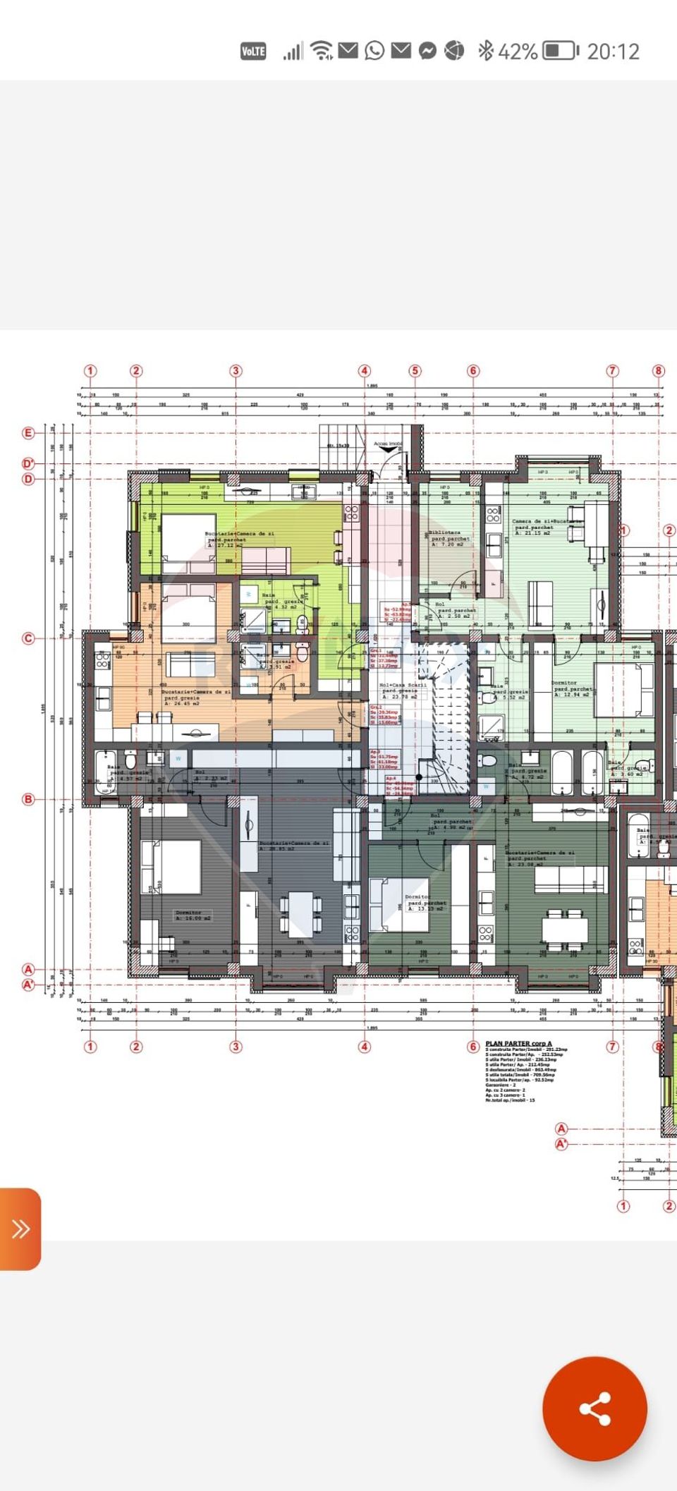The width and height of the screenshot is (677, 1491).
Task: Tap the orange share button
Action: pyautogui.click(x=594, y=1408)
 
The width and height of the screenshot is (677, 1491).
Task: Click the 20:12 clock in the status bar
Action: pyautogui.click(x=613, y=51)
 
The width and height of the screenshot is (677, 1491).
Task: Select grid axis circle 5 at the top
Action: pyautogui.click(x=415, y=370)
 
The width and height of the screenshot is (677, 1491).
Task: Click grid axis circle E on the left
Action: pyautogui.click(x=28, y=432)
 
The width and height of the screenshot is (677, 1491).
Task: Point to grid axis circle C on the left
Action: pyautogui.click(x=28, y=638)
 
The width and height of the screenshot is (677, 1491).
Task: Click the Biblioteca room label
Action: pyautogui.click(x=445, y=533)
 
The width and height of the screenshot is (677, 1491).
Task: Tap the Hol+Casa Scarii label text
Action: pyautogui.click(x=403, y=685)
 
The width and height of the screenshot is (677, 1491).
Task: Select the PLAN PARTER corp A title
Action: pyautogui.click(x=518, y=1043)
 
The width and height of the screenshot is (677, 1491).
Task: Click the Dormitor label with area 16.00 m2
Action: pyautogui.click(x=188, y=913)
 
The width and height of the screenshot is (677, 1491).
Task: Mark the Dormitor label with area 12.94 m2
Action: pyautogui.click(x=564, y=683)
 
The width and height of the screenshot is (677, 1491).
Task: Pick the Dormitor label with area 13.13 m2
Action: pyautogui.click(x=417, y=896)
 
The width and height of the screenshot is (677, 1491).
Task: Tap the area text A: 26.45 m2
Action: pyautogui.click(x=182, y=703)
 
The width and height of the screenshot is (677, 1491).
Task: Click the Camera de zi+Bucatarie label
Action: pyautogui.click(x=547, y=521)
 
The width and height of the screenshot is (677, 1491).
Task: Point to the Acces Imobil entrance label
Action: pyautogui.click(x=387, y=444)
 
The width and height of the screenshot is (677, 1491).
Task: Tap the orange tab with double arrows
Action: pyautogui.click(x=20, y=1229)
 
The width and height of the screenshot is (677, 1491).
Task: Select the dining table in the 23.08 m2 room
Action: pyautogui.click(x=565, y=928)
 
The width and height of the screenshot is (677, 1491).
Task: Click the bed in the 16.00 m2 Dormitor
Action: pyautogui.click(x=171, y=866)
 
